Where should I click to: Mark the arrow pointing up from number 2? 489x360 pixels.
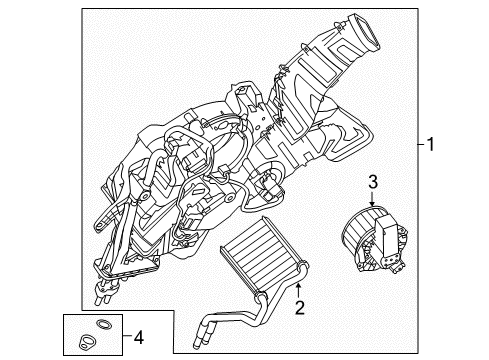(297, 287)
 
